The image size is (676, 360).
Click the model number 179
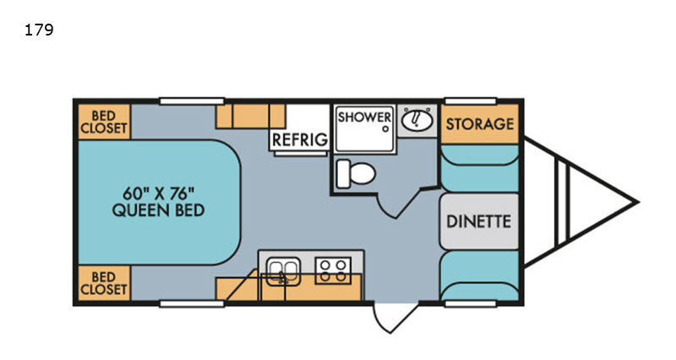point(39,30)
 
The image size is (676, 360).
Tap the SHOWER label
point(364,117)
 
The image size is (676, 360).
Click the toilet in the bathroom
point(356,174)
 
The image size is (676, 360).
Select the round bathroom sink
point(417,119)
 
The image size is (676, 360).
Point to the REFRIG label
point(300,139)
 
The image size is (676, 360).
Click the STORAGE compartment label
point(480,124)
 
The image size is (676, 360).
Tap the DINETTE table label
point(478,221)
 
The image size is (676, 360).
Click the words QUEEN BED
point(158,210)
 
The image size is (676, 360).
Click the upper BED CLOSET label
point(103,122)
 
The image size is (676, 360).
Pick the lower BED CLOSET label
point(103,283)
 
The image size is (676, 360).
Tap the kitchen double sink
point(283,271)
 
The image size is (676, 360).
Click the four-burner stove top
point(333,270)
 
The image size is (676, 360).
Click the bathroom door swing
point(385,210)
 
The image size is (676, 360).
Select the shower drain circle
point(386,128)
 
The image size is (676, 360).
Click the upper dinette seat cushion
point(479,168)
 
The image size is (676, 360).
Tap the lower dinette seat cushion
point(479,276)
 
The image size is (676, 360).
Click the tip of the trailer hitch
point(637,202)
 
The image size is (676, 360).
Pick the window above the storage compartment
point(471,101)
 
